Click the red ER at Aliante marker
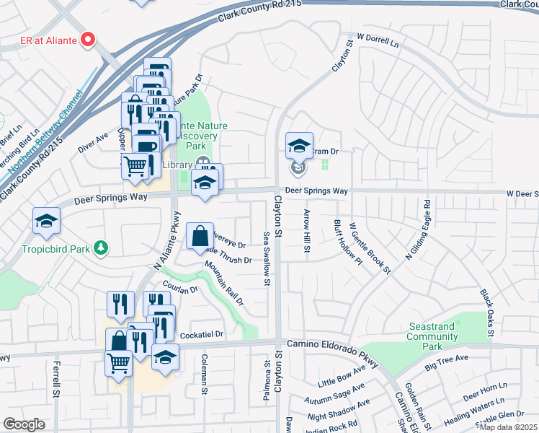pyautogui.click(x=89, y=40)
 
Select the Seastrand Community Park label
pyautogui.click(x=431, y=336)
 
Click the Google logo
pyautogui.click(x=24, y=424)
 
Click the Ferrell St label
pyautogui.click(x=56, y=380)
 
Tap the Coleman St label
pyautogui.click(x=205, y=372)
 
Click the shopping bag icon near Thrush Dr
pyautogui.click(x=200, y=236)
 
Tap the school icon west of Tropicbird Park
pyautogui.click(x=46, y=221)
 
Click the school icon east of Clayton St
pyautogui.click(x=299, y=146)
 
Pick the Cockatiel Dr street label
pyautogui.click(x=202, y=335)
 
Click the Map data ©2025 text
pyautogui.click(x=509, y=427)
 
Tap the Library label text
pyautogui.click(x=177, y=165)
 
